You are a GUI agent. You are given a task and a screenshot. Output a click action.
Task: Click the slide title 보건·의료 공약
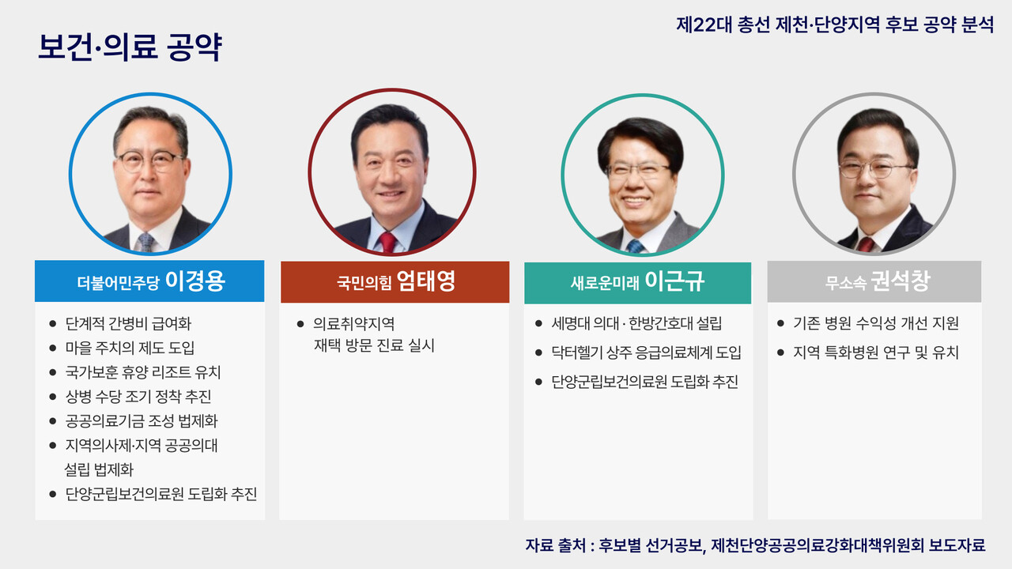tap(130, 48)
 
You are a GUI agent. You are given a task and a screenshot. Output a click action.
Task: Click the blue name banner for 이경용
tap(149, 282)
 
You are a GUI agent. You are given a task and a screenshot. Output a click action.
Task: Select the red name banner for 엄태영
tap(395, 282)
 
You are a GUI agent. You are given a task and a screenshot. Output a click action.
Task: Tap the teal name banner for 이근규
tap(637, 282)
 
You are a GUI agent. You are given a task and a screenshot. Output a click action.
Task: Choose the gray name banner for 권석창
tap(874, 282)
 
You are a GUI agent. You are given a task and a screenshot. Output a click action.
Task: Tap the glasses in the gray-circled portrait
tap(875, 168)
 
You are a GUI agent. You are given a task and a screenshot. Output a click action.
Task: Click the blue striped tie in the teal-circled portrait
tap(636, 246)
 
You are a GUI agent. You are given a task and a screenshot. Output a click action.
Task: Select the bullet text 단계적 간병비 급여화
tap(128, 324)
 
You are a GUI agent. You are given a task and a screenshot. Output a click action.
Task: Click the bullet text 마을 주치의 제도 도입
tap(130, 349)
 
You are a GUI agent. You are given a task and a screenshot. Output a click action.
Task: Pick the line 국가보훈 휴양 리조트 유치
tap(142, 372)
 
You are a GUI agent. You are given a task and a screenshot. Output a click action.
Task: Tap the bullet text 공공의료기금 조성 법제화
tap(141, 421)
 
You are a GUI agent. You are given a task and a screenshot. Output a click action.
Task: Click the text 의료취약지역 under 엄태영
tap(353, 324)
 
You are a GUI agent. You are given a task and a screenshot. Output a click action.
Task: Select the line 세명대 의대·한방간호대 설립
tap(636, 324)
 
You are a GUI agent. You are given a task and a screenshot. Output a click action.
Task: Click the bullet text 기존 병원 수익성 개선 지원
tap(876, 324)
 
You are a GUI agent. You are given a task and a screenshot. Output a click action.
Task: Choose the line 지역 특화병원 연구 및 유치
tap(876, 352)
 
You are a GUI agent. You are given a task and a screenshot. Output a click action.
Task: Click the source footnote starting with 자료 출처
tap(755, 545)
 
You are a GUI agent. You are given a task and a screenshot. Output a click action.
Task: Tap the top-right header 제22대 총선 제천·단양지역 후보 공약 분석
tap(835, 24)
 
